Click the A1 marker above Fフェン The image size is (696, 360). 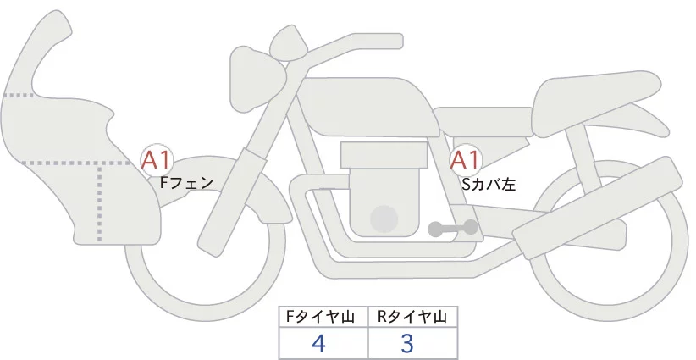[157, 158]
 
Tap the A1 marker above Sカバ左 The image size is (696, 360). [465, 158]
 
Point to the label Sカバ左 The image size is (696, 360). [489, 182]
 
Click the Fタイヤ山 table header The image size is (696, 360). [323, 317]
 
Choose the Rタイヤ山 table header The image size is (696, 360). [412, 317]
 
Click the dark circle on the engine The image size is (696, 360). [385, 219]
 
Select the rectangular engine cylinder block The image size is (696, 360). [383, 156]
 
